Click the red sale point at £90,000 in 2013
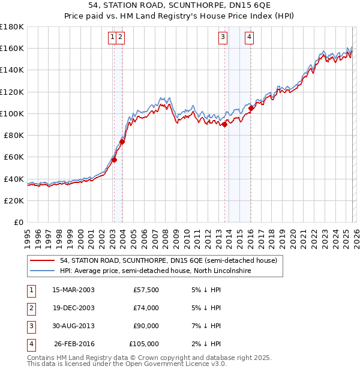coord(224,125)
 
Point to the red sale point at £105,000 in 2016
coord(251,109)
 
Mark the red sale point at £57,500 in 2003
coord(114,160)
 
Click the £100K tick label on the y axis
coord(12,113)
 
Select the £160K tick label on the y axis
coord(12,48)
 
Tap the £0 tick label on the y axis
coord(18,222)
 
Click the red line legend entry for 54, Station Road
coord(168,261)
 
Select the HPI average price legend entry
coord(155,271)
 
